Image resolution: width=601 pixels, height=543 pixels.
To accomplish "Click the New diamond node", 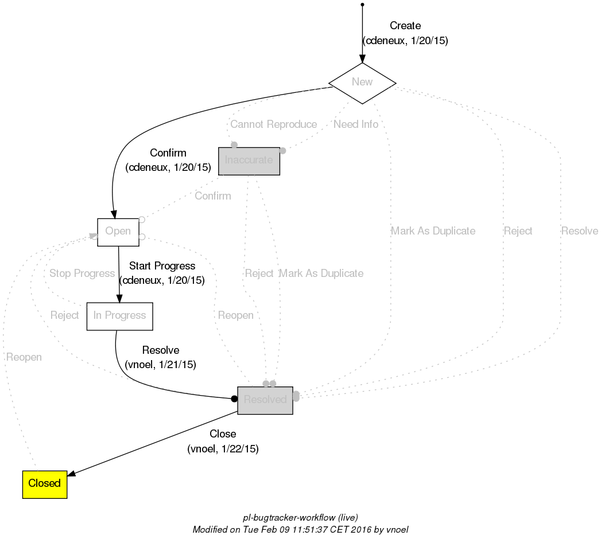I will click(362, 82).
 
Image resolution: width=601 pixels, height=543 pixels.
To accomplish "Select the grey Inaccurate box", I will click(249, 161).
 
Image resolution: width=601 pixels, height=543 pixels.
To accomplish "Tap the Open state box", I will click(118, 232).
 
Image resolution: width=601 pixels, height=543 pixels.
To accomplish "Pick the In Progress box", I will click(119, 316).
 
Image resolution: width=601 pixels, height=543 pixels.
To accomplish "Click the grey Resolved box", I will click(265, 400).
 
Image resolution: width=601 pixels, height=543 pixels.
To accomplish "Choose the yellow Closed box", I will click(45, 484).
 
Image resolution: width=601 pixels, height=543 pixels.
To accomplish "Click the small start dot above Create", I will click(362, 5).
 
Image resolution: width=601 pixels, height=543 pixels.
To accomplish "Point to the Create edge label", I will click(405, 26).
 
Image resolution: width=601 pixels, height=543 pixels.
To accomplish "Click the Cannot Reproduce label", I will click(273, 124).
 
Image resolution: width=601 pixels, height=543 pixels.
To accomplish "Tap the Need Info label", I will click(356, 124).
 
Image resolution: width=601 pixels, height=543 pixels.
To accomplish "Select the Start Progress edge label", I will click(162, 266).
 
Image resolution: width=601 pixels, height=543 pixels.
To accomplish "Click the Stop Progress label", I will click(82, 274).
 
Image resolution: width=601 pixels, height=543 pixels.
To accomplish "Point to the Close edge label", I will click(223, 434).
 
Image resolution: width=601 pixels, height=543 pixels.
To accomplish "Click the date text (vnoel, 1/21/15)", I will click(161, 365).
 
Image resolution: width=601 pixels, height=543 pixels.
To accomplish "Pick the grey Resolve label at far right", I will click(579, 231).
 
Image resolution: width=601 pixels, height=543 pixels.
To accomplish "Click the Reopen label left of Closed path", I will click(24, 357).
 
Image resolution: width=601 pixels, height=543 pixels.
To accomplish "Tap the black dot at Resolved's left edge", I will click(234, 399).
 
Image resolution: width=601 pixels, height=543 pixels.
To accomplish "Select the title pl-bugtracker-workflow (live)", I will click(300, 517).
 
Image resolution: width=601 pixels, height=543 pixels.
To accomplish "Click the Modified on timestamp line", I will click(300, 529).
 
